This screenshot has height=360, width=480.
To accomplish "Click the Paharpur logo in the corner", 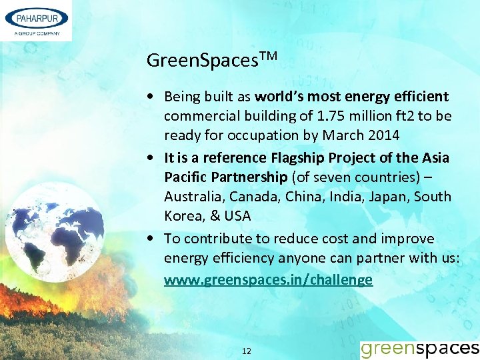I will tap(36, 21).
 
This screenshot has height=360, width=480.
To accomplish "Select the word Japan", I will tap(389, 197).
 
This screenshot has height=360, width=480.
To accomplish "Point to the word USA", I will tap(237, 217).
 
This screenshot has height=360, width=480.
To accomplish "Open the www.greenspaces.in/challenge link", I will tap(268, 280).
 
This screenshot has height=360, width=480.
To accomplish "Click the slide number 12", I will tap(246, 351).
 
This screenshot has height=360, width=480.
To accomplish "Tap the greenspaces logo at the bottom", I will tap(419, 348).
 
